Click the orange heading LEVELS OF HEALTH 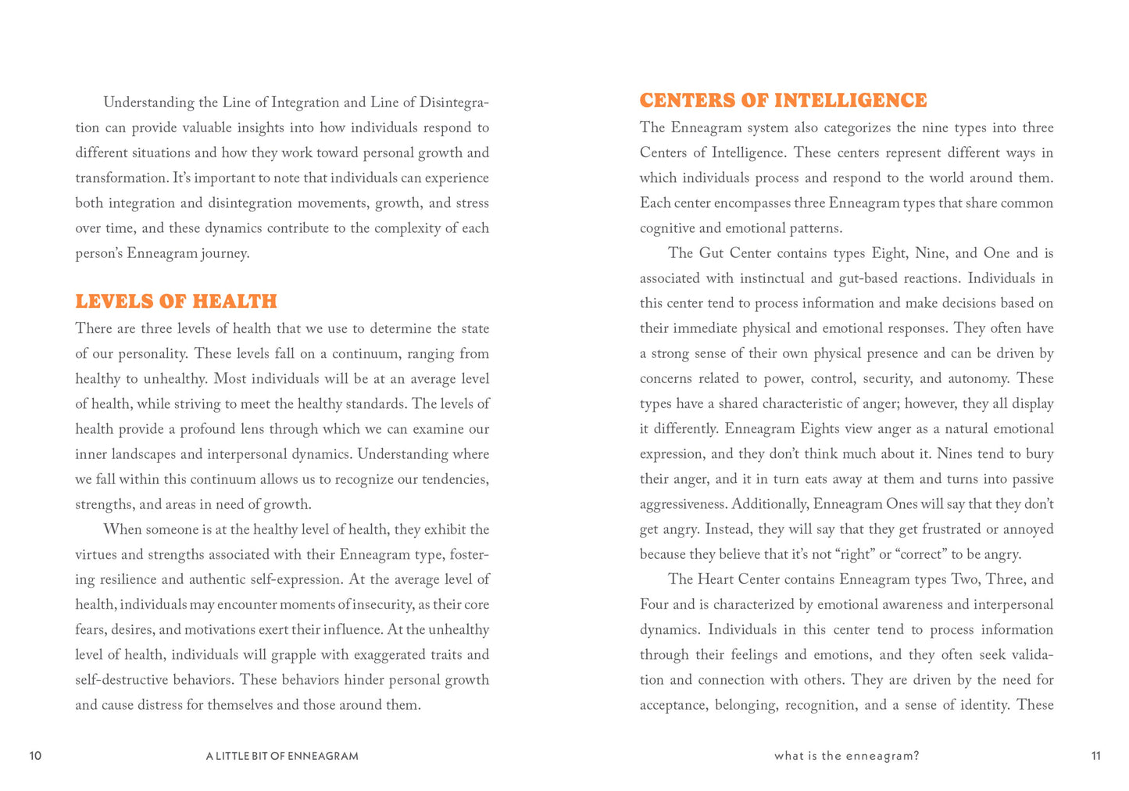pos(176,302)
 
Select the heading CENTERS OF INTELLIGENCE pos(783,101)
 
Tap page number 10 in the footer pos(35,756)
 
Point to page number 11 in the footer pos(1095,756)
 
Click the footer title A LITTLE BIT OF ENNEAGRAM pos(282,756)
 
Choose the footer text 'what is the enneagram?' pos(846,756)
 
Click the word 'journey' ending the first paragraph pos(224,254)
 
